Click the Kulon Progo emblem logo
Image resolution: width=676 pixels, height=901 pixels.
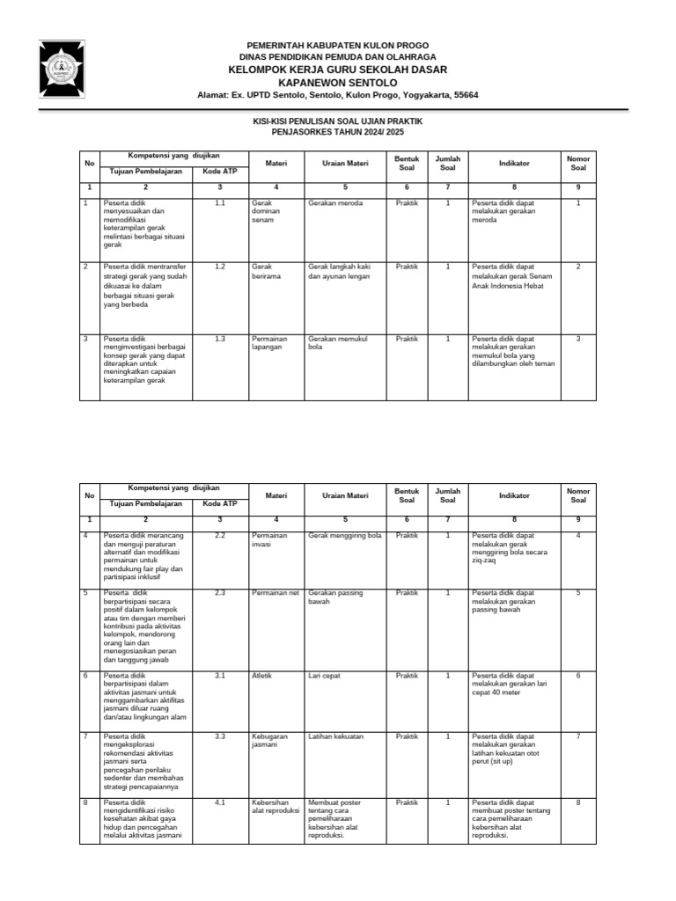click(x=63, y=69)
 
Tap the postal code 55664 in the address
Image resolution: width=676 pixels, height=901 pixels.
click(x=465, y=94)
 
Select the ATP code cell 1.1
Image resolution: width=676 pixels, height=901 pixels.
click(x=220, y=203)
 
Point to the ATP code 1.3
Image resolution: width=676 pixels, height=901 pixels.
click(x=220, y=338)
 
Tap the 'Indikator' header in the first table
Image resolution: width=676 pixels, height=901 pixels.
click(x=513, y=163)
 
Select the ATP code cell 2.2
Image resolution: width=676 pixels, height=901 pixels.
click(x=220, y=535)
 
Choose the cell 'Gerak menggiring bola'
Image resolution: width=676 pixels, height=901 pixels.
click(x=344, y=535)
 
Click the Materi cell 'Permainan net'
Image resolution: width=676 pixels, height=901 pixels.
click(x=276, y=593)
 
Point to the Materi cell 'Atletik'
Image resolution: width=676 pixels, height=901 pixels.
click(x=262, y=676)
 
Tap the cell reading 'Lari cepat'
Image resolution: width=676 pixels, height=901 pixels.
click(x=325, y=676)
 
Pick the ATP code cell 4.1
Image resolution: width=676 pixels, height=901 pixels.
click(x=220, y=802)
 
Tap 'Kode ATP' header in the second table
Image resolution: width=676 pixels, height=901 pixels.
click(x=220, y=504)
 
